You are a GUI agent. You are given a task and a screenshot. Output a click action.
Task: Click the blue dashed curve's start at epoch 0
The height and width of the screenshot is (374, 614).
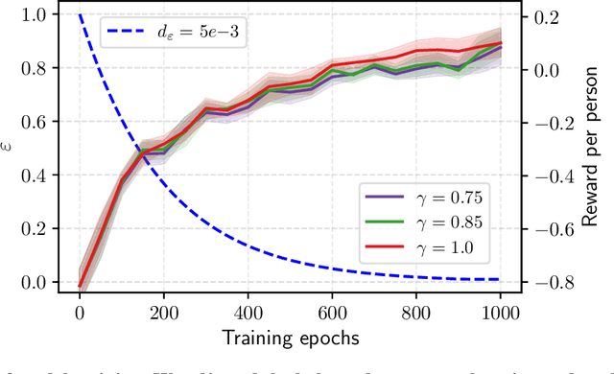[x=80, y=16]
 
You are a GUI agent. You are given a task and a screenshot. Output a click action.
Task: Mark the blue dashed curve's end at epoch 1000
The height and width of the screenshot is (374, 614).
[x=499, y=280]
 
